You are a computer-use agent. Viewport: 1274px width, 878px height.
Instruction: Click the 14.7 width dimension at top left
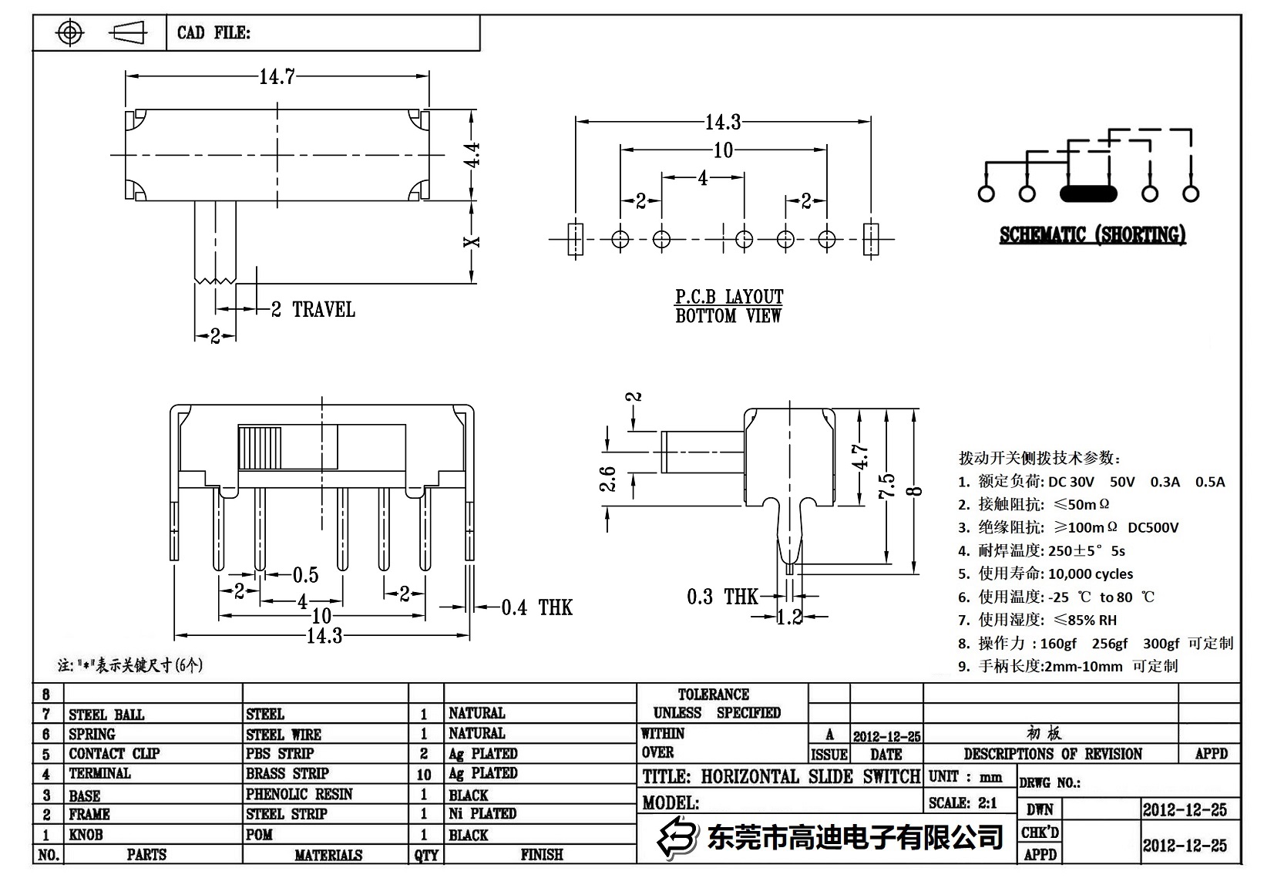coord(277,76)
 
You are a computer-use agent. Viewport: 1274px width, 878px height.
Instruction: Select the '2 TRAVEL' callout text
coord(313,310)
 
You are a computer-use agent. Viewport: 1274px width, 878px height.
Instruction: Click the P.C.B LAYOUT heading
coord(729,297)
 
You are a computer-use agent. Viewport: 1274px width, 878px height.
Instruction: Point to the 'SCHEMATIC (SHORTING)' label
coord(1092,235)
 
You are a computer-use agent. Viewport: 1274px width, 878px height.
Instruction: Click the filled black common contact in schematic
coord(1088,193)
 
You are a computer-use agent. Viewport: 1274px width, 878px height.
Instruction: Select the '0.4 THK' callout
coord(536,608)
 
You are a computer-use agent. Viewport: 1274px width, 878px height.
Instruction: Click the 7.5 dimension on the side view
coord(887,486)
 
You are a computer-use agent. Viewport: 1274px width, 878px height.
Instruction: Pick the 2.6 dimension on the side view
coord(609,479)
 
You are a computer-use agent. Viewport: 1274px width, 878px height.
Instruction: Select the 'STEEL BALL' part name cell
coord(106,715)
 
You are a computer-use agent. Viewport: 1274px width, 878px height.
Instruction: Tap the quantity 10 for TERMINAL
coord(424,774)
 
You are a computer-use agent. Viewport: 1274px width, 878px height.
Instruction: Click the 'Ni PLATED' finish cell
coord(482,813)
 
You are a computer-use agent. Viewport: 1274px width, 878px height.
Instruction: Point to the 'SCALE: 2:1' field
coord(963,803)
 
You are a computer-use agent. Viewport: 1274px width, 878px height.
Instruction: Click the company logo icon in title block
coord(677,836)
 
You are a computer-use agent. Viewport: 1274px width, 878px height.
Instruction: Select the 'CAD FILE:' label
coord(213,32)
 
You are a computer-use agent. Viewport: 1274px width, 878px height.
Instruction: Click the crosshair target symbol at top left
coord(70,32)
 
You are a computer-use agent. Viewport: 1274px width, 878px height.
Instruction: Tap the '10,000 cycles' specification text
coord(1091,574)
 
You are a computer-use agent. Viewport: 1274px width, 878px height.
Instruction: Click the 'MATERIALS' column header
coord(328,855)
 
